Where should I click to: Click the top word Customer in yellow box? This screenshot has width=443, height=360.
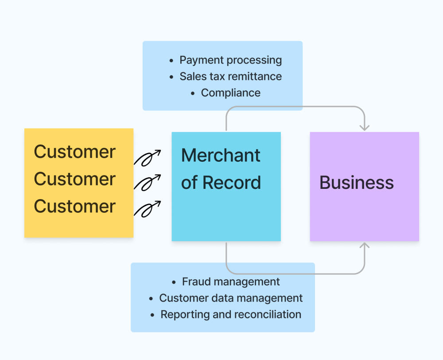[74, 152]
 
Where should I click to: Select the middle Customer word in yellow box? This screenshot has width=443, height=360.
[74, 179]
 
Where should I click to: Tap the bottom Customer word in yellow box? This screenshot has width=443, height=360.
[74, 207]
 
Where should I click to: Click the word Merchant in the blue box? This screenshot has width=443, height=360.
[221, 156]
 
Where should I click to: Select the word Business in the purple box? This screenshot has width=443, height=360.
[357, 183]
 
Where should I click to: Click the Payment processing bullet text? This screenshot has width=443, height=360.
[230, 60]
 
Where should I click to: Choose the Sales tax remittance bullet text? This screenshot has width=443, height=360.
[230, 77]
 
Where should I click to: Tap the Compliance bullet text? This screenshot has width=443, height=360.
[230, 93]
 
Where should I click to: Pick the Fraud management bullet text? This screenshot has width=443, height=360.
[231, 282]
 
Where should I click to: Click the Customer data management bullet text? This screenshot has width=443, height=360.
[231, 298]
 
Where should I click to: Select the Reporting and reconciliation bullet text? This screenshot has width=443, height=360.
[231, 314]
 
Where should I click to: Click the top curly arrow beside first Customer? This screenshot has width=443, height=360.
[147, 158]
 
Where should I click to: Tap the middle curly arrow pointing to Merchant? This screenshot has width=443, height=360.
[147, 183]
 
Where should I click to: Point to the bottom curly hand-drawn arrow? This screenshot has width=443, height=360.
[147, 209]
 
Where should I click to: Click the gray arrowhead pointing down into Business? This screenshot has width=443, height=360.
[365, 128]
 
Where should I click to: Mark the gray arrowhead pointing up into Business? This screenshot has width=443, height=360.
[365, 246]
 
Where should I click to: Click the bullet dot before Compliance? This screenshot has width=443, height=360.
[193, 93]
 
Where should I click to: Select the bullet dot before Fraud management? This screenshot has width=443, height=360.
[174, 282]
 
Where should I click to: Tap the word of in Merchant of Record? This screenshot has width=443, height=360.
[189, 183]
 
